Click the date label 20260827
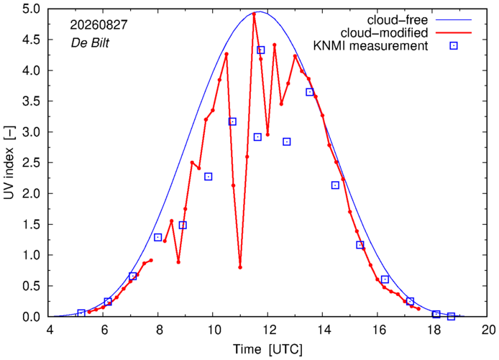pyautogui.click(x=99, y=25)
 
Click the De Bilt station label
pyautogui.click(x=90, y=42)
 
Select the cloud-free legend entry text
pyautogui.click(x=398, y=20)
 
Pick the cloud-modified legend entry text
pyautogui.click(x=384, y=33)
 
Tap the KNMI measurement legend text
pyautogui.click(x=371, y=46)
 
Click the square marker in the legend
pyautogui.click(x=454, y=46)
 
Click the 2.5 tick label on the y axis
pyautogui.click(x=31, y=163)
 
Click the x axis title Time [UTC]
pyautogui.click(x=267, y=349)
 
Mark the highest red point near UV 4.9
pyautogui.click(x=254, y=14)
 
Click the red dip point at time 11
pyautogui.click(x=240, y=267)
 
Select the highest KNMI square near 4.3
pyautogui.click(x=260, y=50)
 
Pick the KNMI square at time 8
pyautogui.click(x=158, y=237)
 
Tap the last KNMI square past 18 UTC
pyautogui.click(x=451, y=316)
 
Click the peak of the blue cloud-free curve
pyautogui.click(x=260, y=11)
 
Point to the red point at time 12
pyautogui.click(x=267, y=134)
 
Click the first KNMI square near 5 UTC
pyautogui.click(x=81, y=313)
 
